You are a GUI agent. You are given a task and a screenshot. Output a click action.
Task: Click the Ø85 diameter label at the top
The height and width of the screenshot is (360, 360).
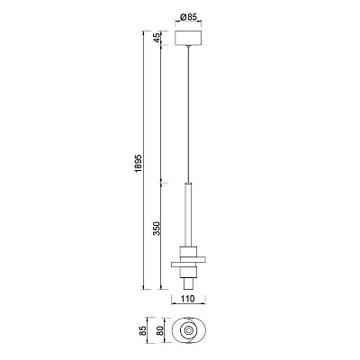pyautogui.click(x=188, y=17)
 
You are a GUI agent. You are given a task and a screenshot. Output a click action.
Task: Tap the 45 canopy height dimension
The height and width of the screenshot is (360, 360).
pyautogui.click(x=156, y=38)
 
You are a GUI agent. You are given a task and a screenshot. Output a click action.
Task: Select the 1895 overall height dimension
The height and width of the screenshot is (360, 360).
pyautogui.click(x=139, y=164)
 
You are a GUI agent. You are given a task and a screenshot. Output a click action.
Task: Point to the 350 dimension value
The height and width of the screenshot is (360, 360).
pyautogui.click(x=157, y=229)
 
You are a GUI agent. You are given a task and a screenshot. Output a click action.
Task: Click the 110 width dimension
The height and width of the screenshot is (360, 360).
pyautogui.click(x=188, y=299)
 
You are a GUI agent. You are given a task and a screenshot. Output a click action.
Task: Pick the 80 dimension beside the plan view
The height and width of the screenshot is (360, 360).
pyautogui.click(x=159, y=330)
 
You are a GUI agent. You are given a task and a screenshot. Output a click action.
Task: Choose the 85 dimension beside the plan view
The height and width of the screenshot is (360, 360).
pyautogui.click(x=143, y=330)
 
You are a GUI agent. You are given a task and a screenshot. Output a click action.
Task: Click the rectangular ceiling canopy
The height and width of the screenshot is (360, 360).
pyautogui.click(x=188, y=38)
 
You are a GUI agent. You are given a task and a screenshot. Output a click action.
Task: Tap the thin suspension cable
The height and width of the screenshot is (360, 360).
pyautogui.click(x=188, y=114)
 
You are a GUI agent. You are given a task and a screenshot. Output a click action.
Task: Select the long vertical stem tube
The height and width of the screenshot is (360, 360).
pyautogui.click(x=188, y=214)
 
